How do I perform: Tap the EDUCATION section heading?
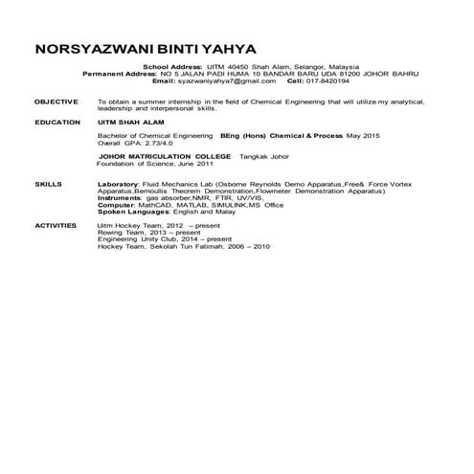pyautogui.click(x=55, y=123)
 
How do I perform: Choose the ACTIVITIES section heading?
pyautogui.click(x=55, y=223)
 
